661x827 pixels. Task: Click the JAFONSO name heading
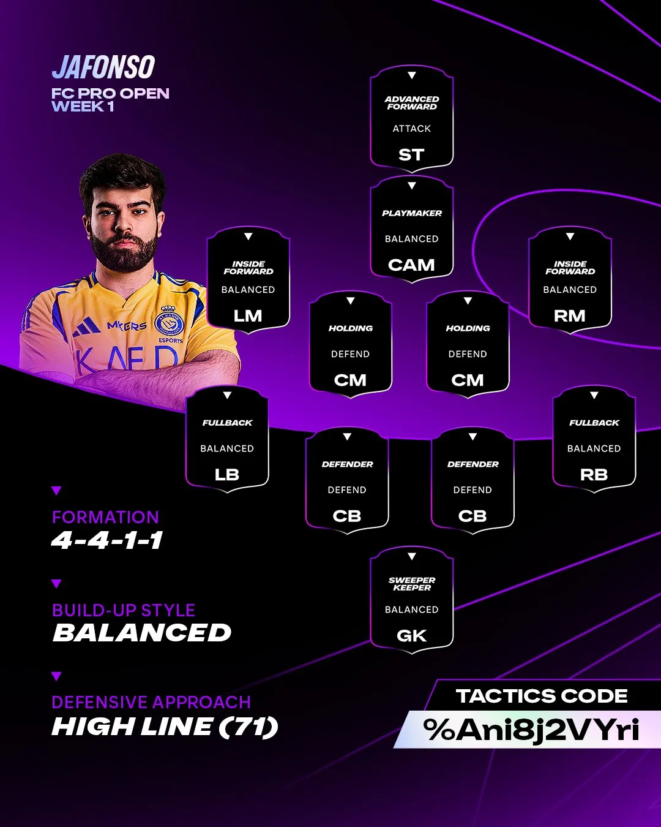[x=103, y=67]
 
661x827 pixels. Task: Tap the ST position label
[x=411, y=155]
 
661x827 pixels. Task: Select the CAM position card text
[x=411, y=265]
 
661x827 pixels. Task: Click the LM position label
[x=248, y=316]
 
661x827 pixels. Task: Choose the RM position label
[x=570, y=316]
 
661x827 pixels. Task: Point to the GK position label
[x=411, y=636]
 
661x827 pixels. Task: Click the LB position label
[x=227, y=475]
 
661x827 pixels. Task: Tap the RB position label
[x=594, y=475]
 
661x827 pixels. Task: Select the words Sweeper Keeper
[x=412, y=584]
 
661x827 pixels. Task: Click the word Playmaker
[x=412, y=213]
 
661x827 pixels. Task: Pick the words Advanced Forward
[x=412, y=103]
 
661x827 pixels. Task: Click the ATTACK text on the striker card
[x=412, y=129]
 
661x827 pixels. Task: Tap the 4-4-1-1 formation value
[x=107, y=540]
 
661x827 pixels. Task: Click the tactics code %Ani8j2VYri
[x=531, y=730]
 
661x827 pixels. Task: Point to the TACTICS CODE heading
[x=542, y=697]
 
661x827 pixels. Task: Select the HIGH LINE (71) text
[x=165, y=727]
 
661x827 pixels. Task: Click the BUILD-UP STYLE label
[x=124, y=610]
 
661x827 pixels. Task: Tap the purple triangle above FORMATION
[x=56, y=491]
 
